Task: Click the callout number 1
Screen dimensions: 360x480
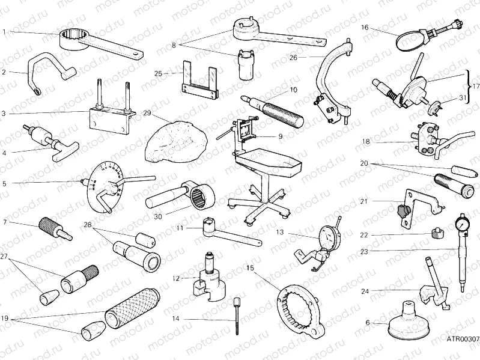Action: pyautogui.click(x=4, y=31)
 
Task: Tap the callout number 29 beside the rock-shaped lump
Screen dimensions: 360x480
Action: pyautogui.click(x=147, y=113)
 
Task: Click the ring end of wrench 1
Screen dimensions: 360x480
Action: pyautogui.click(x=79, y=41)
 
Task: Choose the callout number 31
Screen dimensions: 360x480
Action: pyautogui.click(x=461, y=98)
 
